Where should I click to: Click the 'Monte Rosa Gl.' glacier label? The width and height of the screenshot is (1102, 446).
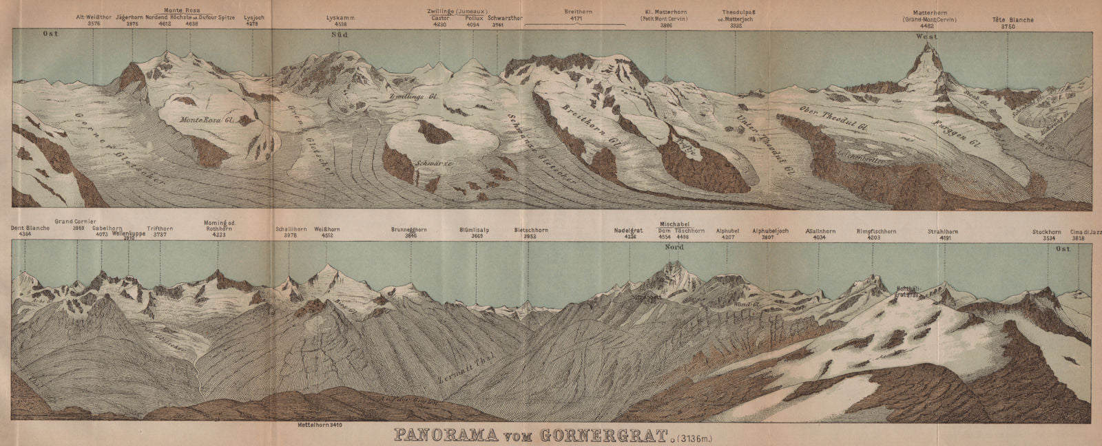[208, 120]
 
